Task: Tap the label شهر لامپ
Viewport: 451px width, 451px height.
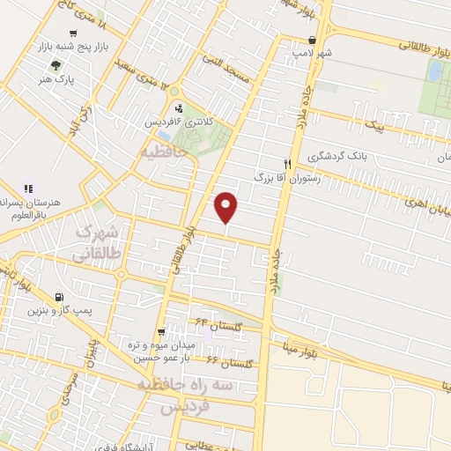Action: tap(314, 54)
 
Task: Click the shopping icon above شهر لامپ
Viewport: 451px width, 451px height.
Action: tap(313, 40)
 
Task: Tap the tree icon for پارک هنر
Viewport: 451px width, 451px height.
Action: tap(57, 65)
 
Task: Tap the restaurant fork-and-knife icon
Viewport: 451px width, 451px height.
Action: tap(286, 163)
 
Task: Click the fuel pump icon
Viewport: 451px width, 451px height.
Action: tap(59, 297)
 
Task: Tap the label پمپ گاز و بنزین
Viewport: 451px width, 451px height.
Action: tap(60, 310)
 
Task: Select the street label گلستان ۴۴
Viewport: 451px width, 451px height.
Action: tap(212, 327)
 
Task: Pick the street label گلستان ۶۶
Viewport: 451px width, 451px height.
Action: tap(224, 362)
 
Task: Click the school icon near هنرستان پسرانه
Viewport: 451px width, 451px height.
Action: tap(28, 188)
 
